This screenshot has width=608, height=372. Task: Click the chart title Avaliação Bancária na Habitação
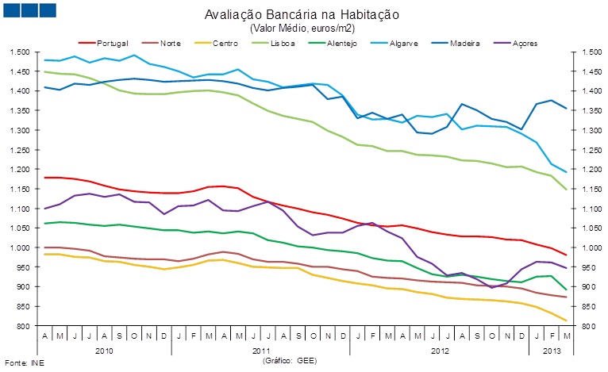click(x=302, y=14)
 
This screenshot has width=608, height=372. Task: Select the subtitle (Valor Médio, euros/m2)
click(x=302, y=27)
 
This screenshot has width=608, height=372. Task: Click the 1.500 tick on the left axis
click(x=19, y=52)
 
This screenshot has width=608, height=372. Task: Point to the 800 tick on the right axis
click(x=583, y=326)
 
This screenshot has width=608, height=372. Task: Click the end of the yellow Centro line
click(x=567, y=321)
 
